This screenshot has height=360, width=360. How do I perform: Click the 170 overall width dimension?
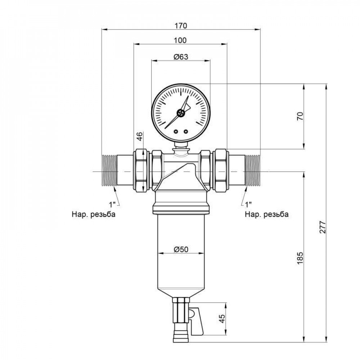point(181,26)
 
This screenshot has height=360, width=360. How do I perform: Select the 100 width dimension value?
point(180,40)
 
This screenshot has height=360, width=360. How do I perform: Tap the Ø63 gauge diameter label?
point(181,57)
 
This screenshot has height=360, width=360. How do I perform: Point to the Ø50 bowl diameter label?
point(181,249)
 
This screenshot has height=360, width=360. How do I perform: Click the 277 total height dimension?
point(323,227)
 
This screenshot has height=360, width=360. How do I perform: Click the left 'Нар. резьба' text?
point(93,215)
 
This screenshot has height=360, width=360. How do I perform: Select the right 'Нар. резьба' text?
point(266,215)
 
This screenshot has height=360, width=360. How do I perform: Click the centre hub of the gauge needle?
point(180,113)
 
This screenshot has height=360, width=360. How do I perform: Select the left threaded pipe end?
point(108,171)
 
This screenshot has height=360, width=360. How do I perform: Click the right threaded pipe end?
point(253,171)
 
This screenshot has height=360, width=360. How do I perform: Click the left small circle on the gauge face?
point(176,131)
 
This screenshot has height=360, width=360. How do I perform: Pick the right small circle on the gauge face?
point(186,131)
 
